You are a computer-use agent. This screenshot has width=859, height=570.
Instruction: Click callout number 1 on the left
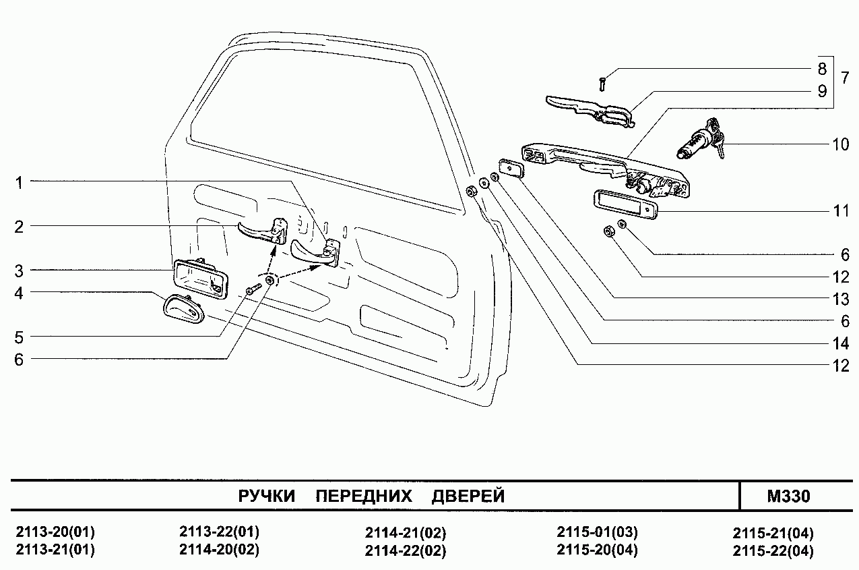pyautogui.click(x=20, y=182)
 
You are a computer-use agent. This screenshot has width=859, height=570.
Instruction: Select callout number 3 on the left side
pyautogui.click(x=20, y=271)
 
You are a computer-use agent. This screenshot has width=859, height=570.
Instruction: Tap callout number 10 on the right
pyautogui.click(x=840, y=145)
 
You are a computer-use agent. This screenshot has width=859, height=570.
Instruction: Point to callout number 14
pyautogui.click(x=840, y=343)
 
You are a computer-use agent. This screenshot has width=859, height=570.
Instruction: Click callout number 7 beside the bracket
pyautogui.click(x=844, y=77)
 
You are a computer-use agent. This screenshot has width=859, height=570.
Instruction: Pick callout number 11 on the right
pyautogui.click(x=840, y=211)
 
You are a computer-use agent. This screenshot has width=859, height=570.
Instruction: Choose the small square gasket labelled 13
pyautogui.click(x=511, y=167)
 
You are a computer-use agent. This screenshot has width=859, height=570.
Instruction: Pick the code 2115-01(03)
pyautogui.click(x=598, y=532)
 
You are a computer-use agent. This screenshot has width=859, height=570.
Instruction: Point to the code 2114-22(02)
pyautogui.click(x=406, y=550)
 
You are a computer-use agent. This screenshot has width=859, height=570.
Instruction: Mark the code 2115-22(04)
pyautogui.click(x=773, y=550)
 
